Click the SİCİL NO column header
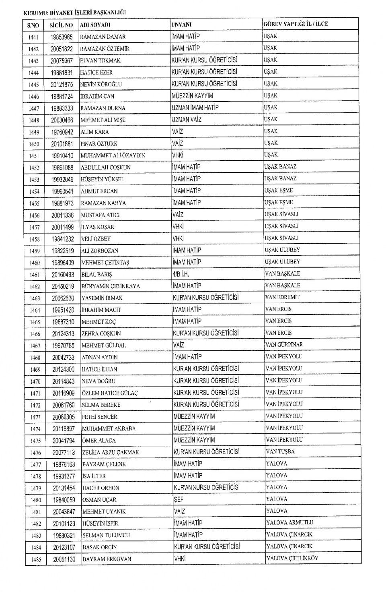click(x=61, y=25)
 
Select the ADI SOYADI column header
click(x=95, y=25)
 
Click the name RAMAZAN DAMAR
click(x=103, y=37)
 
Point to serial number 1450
click(x=34, y=144)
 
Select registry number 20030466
click(x=62, y=120)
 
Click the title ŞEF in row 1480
click(x=179, y=499)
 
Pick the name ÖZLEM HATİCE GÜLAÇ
click(x=109, y=393)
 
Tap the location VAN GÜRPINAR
click(x=284, y=345)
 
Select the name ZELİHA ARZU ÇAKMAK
click(x=111, y=452)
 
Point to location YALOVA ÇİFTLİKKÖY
click(x=292, y=558)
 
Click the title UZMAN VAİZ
click(x=187, y=120)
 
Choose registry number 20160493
click(x=63, y=275)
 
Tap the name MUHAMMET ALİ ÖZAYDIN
click(x=113, y=155)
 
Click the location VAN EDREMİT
click(x=282, y=297)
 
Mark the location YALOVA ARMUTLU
click(x=289, y=523)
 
